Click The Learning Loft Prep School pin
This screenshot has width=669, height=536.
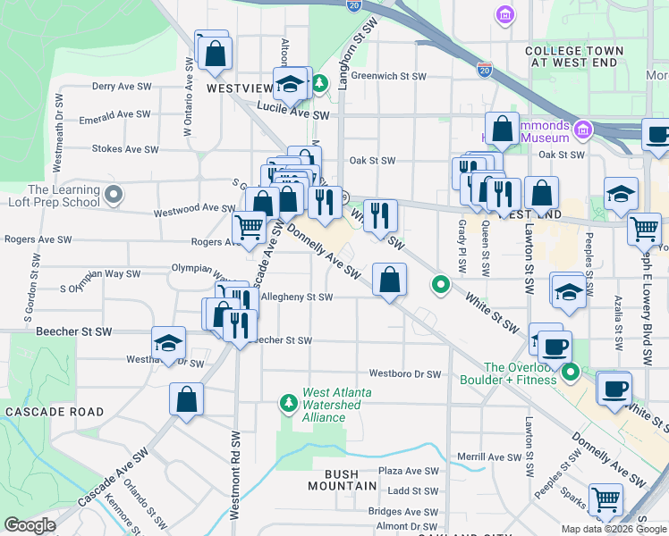click(x=113, y=194)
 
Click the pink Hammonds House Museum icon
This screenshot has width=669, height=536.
click(x=583, y=130)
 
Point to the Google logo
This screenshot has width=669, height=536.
click(x=30, y=525)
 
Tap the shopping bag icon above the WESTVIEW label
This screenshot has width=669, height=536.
click(x=215, y=53)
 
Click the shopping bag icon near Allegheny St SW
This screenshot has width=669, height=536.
click(x=389, y=281)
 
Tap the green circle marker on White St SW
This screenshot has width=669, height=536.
click(x=440, y=285)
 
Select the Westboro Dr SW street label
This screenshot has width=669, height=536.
click(x=405, y=374)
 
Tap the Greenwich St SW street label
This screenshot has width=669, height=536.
click(x=388, y=76)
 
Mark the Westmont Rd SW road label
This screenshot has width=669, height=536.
click(x=235, y=477)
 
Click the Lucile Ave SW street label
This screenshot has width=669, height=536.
click(x=293, y=115)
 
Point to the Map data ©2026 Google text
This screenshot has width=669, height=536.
click(x=614, y=529)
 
